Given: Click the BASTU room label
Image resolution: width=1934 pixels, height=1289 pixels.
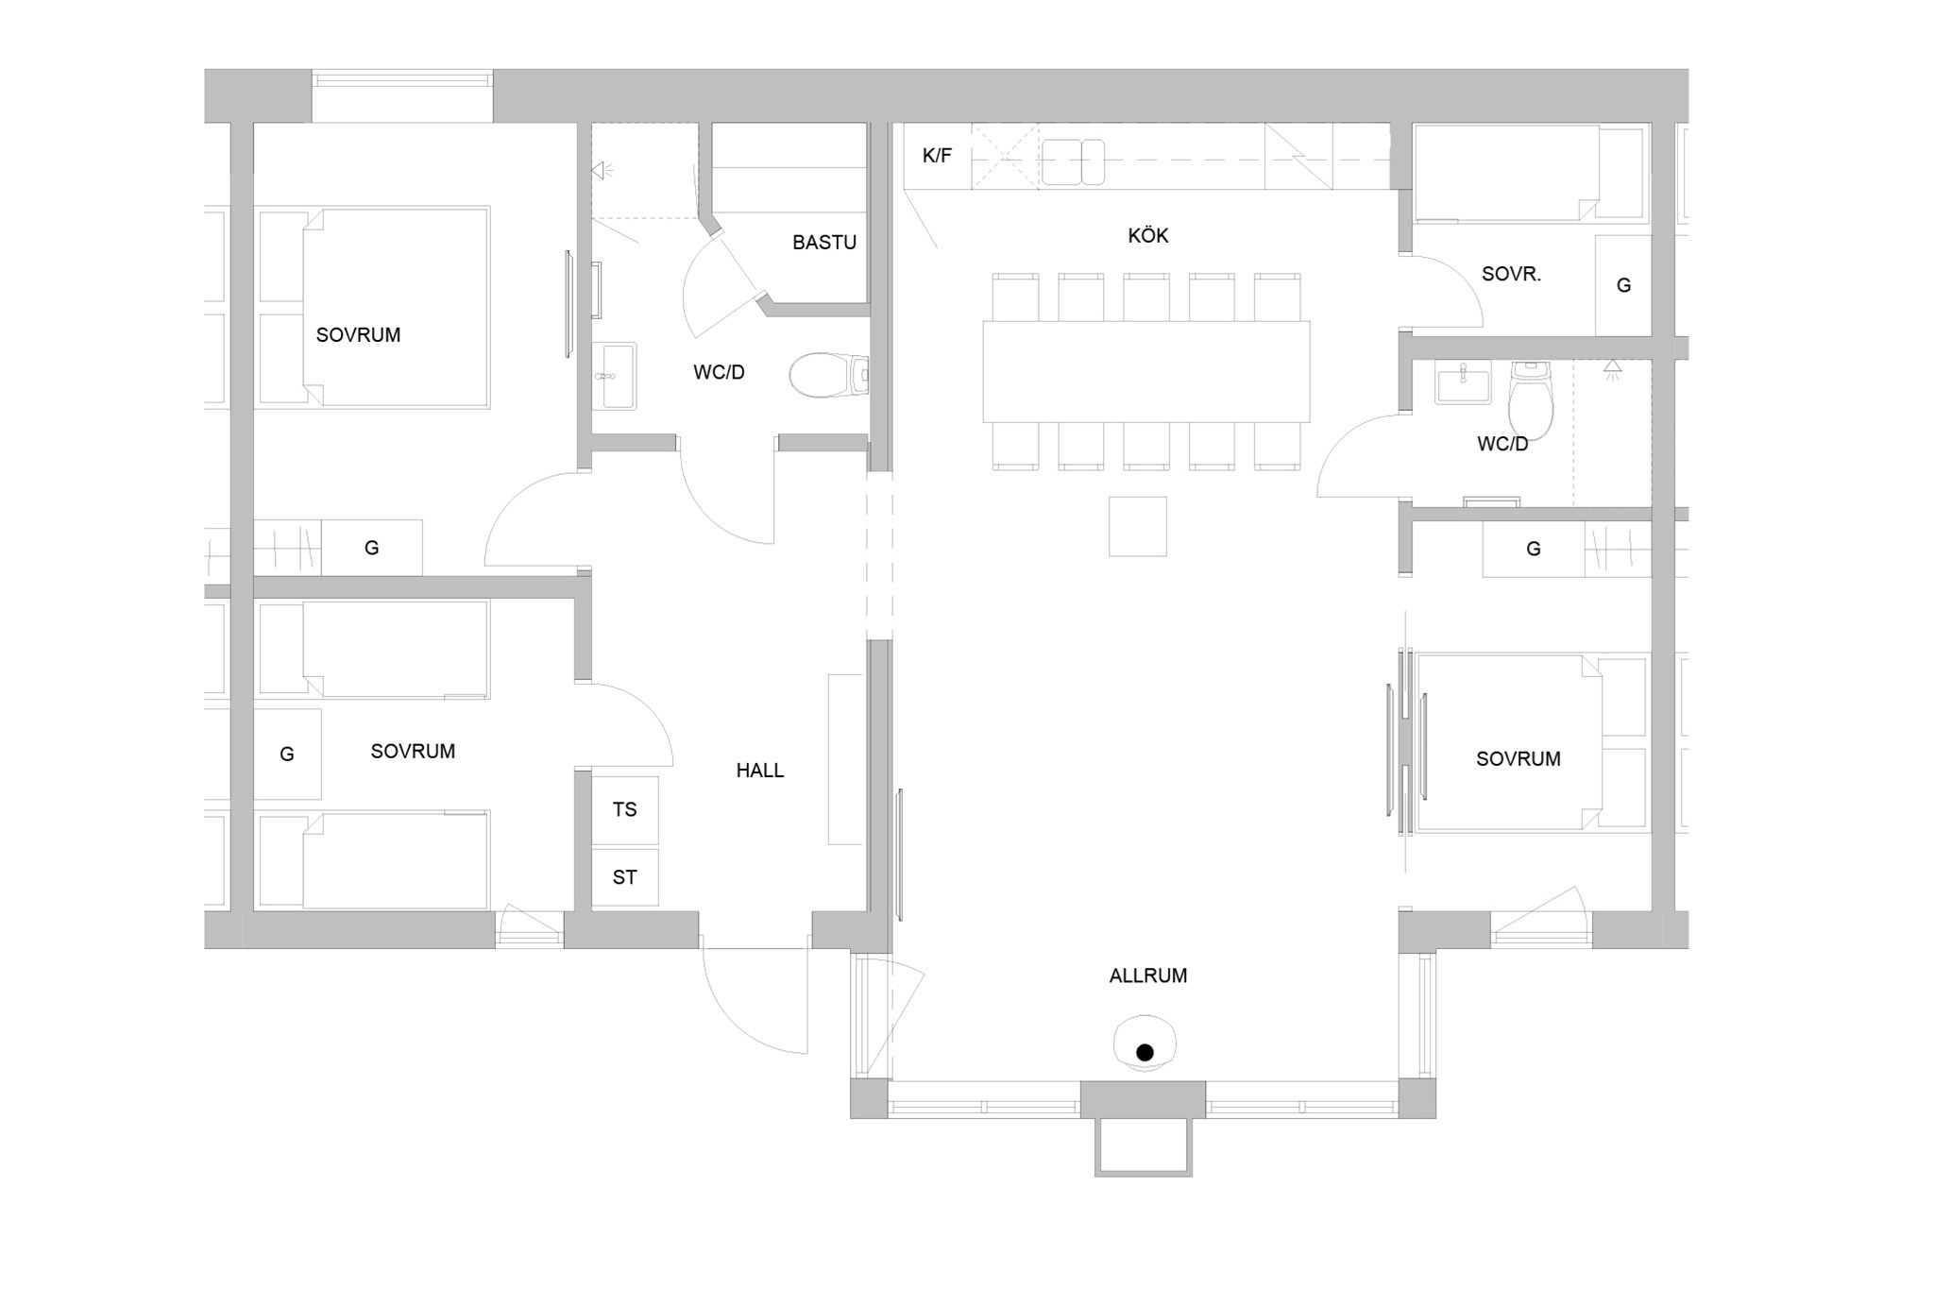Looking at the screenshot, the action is (823, 243).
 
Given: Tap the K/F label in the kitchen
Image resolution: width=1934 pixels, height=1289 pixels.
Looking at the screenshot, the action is (937, 156).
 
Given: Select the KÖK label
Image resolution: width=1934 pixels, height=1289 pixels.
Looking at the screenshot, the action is (1147, 235).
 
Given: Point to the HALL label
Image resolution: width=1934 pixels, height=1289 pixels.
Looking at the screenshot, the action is (759, 771).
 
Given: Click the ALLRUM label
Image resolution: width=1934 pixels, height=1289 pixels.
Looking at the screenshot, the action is (1147, 975).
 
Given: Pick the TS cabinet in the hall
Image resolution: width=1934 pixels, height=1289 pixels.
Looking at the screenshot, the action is (624, 809).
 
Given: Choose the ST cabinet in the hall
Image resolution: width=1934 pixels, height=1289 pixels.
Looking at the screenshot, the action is (624, 877).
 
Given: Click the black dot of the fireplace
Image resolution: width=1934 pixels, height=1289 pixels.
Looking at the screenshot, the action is (1145, 1052).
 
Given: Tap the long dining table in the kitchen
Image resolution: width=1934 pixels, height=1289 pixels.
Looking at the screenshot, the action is (1145, 371).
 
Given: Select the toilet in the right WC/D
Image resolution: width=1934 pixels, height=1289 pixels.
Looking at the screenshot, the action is (1530, 402).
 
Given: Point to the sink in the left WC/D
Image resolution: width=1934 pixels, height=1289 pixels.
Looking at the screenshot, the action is (614, 376).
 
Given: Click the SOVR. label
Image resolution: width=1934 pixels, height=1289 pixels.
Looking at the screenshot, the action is (1511, 275).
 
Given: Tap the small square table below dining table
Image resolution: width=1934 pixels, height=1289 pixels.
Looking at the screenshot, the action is (1137, 526).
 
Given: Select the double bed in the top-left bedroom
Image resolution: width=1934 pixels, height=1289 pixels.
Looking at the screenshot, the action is (374, 308).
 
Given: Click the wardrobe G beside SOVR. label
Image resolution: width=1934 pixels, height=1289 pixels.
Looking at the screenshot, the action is (1622, 285).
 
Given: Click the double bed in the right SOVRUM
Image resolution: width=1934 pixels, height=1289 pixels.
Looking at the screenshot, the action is (1530, 742).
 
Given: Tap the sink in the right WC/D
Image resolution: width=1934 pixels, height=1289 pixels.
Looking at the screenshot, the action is (1462, 382).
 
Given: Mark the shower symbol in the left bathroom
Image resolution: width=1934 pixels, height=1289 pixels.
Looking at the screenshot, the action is (601, 171).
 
